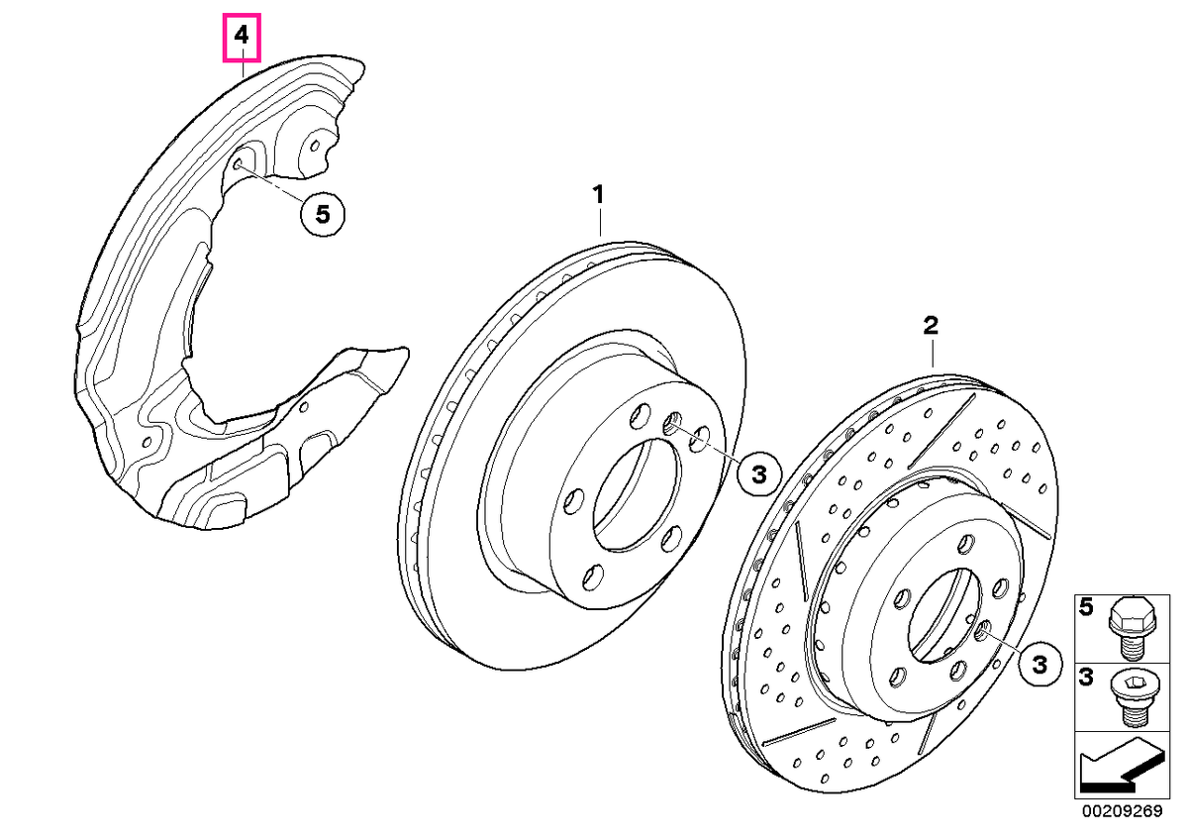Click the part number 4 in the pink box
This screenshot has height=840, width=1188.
[x=242, y=36]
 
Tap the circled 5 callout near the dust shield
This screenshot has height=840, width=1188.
[x=323, y=215]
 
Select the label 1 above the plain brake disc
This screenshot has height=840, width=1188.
[x=598, y=195]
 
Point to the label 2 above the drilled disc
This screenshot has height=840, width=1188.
[x=931, y=325]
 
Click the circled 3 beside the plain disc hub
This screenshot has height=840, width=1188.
[x=759, y=473]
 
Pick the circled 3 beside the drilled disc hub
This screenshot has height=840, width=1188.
[x=1039, y=664]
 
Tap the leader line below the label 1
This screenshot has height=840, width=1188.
[x=600, y=222]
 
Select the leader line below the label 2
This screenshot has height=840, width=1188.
[x=933, y=354]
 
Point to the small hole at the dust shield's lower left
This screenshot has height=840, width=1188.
[x=148, y=442]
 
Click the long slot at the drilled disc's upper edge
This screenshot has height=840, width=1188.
[x=941, y=431]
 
